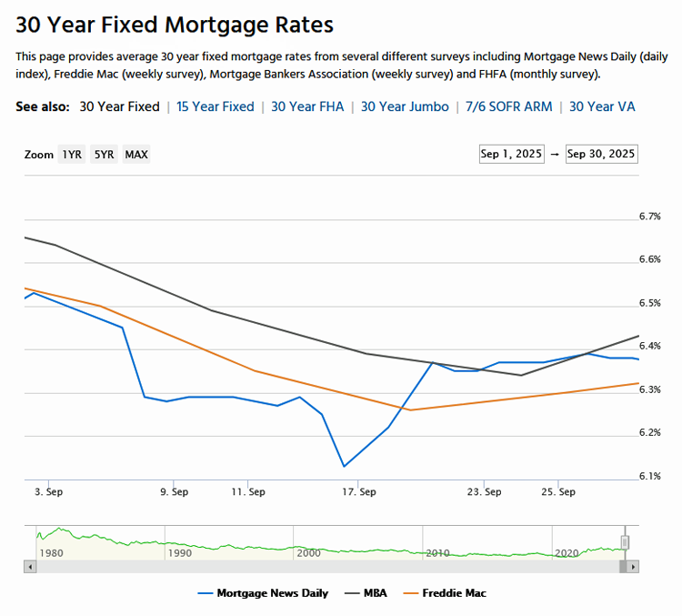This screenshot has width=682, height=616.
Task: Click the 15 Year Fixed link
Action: point(216,106)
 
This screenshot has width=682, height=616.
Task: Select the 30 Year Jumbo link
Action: point(405,106)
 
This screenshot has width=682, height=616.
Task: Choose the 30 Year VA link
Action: point(602,106)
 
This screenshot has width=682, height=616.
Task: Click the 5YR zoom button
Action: point(104,155)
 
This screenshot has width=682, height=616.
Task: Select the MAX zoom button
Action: point(136,155)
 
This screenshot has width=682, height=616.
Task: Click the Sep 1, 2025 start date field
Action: point(511,154)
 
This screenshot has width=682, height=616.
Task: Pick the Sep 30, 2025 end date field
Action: point(601,154)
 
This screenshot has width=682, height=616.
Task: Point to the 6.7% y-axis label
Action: point(649,217)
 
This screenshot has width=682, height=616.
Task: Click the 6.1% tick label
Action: point(649,476)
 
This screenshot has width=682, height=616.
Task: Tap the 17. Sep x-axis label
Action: point(360,492)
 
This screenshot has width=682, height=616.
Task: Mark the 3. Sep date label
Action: point(48,492)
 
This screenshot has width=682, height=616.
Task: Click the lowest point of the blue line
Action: point(344,466)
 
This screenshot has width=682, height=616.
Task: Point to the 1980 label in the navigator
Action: point(50,552)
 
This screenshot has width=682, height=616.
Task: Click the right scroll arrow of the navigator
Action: point(633,566)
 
